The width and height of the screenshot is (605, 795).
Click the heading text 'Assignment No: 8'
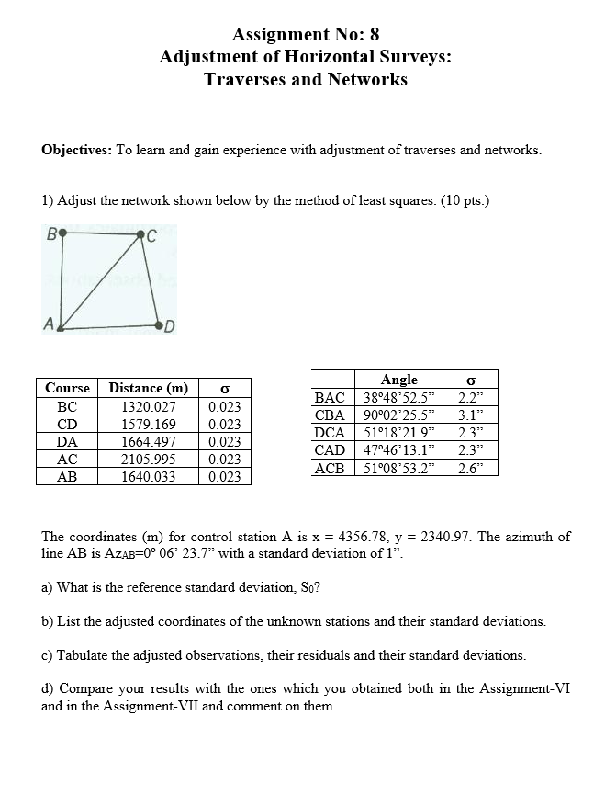click(x=305, y=35)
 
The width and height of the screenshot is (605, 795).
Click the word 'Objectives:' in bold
click(x=77, y=150)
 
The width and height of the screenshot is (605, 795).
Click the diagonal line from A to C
click(x=101, y=280)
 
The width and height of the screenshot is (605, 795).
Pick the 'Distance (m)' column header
click(x=148, y=388)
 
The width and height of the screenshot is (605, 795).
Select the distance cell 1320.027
click(x=148, y=406)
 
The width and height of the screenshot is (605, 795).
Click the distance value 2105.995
click(x=148, y=459)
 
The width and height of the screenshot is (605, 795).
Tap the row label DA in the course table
click(x=67, y=441)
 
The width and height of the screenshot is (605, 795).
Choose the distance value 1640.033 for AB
click(x=148, y=476)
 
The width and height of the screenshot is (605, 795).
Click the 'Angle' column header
click(x=398, y=380)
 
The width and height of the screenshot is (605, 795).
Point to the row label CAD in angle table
click(x=330, y=449)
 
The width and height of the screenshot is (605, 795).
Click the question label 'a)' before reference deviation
click(x=48, y=587)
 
